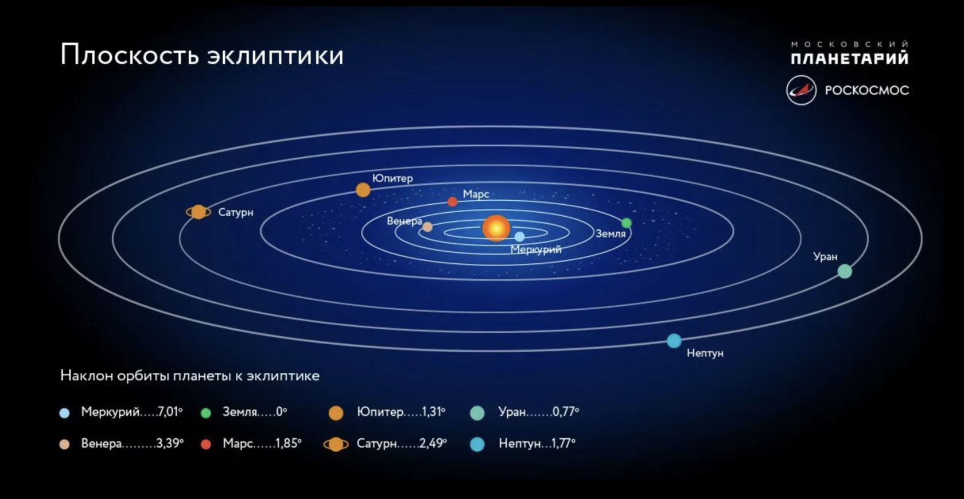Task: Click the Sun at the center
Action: coord(496,228)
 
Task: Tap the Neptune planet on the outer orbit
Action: coord(674,341)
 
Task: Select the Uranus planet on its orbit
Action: coord(845,271)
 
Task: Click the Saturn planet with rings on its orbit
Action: coord(199,212)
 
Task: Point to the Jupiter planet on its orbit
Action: coord(363,190)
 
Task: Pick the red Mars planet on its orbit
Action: coord(452,201)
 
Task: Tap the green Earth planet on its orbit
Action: coord(627,223)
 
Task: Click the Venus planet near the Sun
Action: coord(427,227)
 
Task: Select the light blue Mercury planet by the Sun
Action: coord(520,236)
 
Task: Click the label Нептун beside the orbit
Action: coord(705,353)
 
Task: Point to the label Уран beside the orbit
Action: coord(825,257)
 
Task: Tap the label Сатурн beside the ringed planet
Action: coord(236,212)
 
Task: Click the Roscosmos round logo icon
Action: coord(801,91)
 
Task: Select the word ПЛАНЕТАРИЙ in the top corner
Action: coord(849,57)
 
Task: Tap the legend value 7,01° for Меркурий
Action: coord(170,412)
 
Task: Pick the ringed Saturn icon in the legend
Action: coord(336,444)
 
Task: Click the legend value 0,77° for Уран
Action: coord(566,412)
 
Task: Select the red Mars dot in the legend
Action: coord(206,445)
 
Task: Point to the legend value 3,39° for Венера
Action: coord(170,443)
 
